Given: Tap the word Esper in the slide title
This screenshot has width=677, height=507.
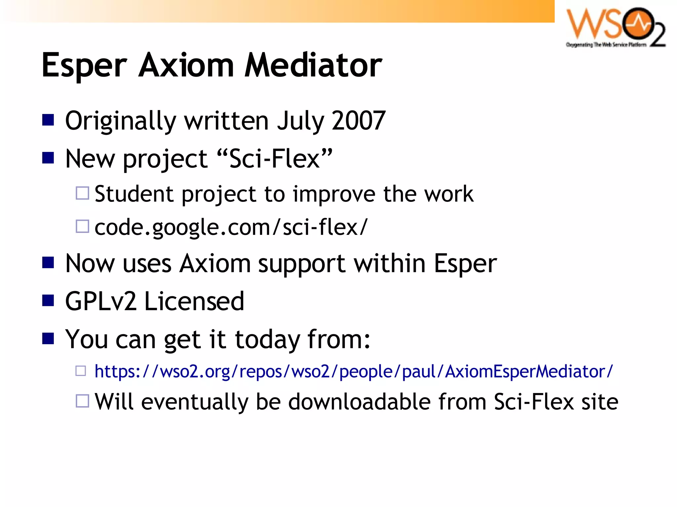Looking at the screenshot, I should pos(84,66).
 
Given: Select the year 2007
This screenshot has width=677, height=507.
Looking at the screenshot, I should pos(358,121).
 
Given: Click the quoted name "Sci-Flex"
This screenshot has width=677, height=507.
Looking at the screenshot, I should pos(274,159).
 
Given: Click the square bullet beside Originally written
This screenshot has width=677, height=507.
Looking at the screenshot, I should pos(48,120).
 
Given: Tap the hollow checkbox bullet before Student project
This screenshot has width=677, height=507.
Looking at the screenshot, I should pos(82,193).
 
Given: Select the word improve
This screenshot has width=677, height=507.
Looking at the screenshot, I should pos(334,194).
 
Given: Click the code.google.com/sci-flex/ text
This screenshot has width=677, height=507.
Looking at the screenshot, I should pos(231,227).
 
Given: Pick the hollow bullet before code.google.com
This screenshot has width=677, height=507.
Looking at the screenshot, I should pos(82,227).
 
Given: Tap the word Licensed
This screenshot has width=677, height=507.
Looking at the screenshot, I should pos(194,301).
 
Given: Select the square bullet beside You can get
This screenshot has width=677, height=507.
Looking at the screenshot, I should pos(48,339).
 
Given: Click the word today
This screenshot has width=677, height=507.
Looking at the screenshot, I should pos(267,340).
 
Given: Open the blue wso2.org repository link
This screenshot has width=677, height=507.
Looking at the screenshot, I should pos(353,371).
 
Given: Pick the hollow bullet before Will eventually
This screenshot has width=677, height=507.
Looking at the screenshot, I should pos(82,401).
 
